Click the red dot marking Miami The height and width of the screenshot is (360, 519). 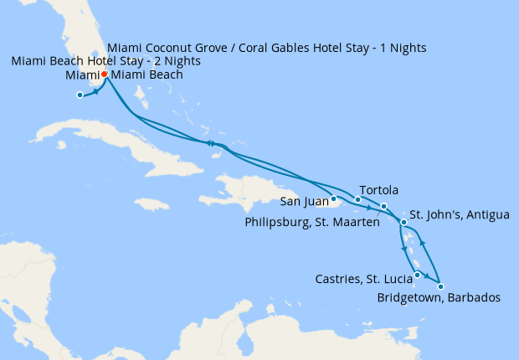pos(104,75)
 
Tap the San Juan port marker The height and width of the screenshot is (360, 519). pos(333,198)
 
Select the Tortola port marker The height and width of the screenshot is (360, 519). pos(357,199)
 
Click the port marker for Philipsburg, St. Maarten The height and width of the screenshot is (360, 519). pos(383,206)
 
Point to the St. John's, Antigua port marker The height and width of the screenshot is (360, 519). pos(403,222)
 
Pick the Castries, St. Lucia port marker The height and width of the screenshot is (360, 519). pos(417,275)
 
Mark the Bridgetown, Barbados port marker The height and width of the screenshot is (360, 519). pos(440,286)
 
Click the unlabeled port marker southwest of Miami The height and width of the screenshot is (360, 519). pos(80,95)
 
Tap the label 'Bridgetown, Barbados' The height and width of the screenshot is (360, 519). pos(439,298)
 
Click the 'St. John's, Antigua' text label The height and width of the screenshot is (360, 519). pos(458,215)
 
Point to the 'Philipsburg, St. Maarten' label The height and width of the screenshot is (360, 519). pos(311,222)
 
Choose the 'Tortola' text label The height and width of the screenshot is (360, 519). pos(378,189)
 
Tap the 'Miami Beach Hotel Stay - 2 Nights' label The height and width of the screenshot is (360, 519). pos(105,62)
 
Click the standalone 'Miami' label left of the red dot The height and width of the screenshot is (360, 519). pos(82,75)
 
